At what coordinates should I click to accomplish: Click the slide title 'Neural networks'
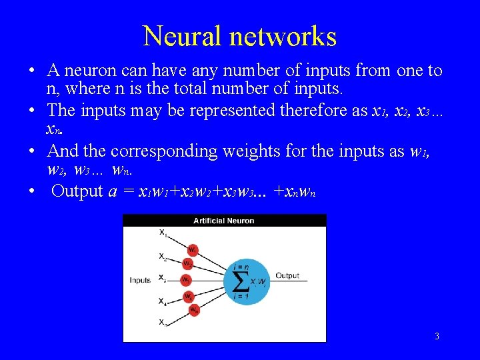tap(239, 36)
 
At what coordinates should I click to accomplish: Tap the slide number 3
tap(437, 336)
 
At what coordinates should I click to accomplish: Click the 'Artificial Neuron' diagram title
tap(223, 221)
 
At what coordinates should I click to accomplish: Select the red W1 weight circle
tap(192, 250)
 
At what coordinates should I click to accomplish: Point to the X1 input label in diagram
tap(163, 233)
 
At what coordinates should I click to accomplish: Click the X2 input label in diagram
tap(163, 255)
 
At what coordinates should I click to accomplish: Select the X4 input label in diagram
tap(163, 301)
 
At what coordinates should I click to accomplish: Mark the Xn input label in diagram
tap(163, 323)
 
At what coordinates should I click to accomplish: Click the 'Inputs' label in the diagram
tap(140, 280)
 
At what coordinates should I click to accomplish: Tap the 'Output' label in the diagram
tap(287, 275)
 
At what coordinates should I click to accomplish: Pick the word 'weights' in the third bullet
tap(247, 151)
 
